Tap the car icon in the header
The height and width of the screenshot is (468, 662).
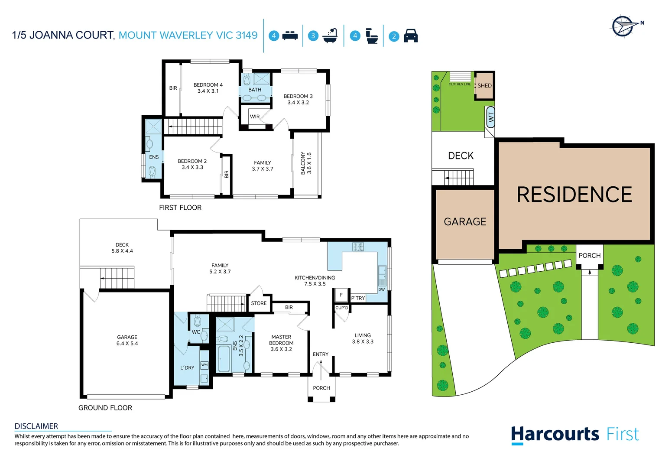click(x=411, y=36)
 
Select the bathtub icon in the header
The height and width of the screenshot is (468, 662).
click(x=331, y=36)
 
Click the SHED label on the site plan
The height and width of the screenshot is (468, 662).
click(x=484, y=85)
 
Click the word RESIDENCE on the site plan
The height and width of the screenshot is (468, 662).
click(x=574, y=195)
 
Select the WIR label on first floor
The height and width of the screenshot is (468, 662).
click(x=255, y=117)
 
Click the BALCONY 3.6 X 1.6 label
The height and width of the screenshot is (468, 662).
click(x=306, y=163)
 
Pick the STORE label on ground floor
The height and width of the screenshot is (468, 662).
click(x=259, y=303)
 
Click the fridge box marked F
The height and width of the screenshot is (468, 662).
click(x=341, y=295)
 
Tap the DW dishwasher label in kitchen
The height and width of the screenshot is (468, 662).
click(x=381, y=289)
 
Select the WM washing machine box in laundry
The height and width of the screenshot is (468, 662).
click(x=204, y=365)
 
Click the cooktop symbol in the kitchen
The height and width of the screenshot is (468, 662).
click(x=358, y=247)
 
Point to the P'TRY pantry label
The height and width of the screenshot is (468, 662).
click(x=358, y=298)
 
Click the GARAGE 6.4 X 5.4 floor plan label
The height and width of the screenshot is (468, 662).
click(x=127, y=340)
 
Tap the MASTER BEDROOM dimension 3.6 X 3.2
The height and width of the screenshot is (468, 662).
click(x=281, y=349)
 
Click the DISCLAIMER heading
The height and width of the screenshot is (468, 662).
click(x=36, y=426)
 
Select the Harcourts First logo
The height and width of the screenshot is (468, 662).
click(x=574, y=434)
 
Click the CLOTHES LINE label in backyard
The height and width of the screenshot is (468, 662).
click(x=459, y=84)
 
